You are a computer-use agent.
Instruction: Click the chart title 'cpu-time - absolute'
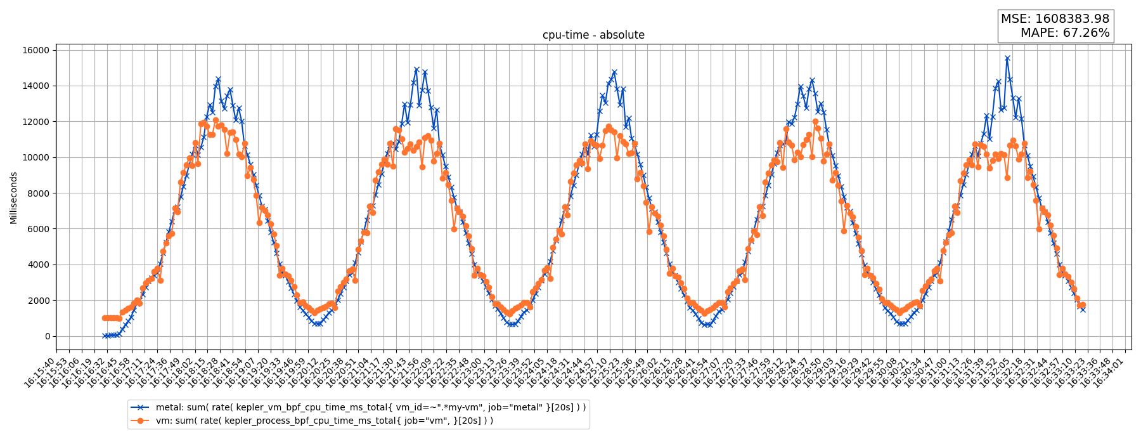pyautogui.click(x=593, y=35)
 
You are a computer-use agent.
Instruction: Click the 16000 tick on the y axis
pyautogui.click(x=37, y=50)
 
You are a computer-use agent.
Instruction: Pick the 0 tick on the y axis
pyautogui.click(x=46, y=336)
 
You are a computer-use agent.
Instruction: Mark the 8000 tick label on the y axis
pyautogui.click(x=39, y=193)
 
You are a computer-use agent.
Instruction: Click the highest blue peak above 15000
pyautogui.click(x=1007, y=58)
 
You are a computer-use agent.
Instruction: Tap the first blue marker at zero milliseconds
pyautogui.click(x=105, y=336)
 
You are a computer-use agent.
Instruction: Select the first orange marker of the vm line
pyautogui.click(x=105, y=318)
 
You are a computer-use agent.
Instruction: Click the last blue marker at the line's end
pyautogui.click(x=1083, y=310)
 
